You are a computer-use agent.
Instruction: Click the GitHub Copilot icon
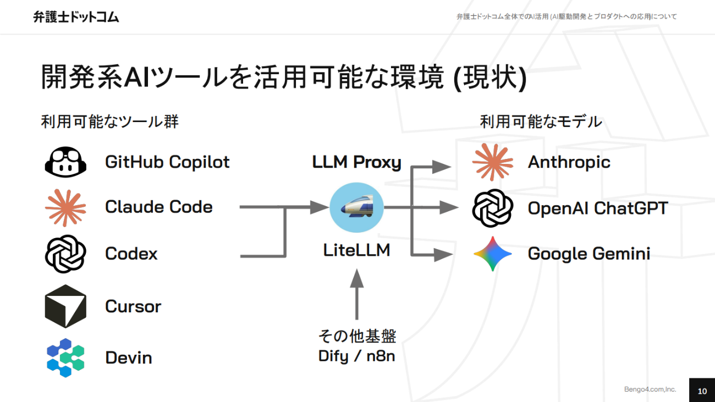(x=65, y=162)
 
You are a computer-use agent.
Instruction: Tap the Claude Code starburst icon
(x=65, y=207)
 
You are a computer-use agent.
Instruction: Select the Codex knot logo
(x=65, y=254)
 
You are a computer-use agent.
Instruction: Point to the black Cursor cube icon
(x=65, y=306)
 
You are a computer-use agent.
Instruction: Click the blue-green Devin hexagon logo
(x=65, y=357)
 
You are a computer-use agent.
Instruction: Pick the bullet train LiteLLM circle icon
(x=356, y=207)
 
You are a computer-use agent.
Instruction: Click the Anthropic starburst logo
(x=492, y=162)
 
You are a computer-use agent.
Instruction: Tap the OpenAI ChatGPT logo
(x=492, y=208)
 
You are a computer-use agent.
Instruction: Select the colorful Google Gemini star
(x=492, y=254)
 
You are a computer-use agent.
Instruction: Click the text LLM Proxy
(x=356, y=162)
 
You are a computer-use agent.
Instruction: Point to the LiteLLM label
(x=356, y=250)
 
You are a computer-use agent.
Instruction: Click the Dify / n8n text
(x=356, y=356)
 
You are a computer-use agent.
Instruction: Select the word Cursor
(x=133, y=306)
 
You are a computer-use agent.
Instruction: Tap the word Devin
(x=128, y=358)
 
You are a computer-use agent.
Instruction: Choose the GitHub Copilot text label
(x=167, y=162)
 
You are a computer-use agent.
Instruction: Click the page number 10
(x=702, y=391)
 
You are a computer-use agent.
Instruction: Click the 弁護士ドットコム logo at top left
(x=76, y=17)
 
